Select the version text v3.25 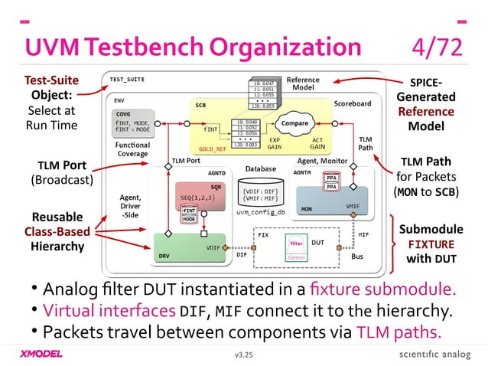[243, 355]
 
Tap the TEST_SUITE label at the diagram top [127, 80]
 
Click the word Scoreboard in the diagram [352, 103]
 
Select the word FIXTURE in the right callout [431, 244]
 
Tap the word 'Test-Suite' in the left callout [49, 80]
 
